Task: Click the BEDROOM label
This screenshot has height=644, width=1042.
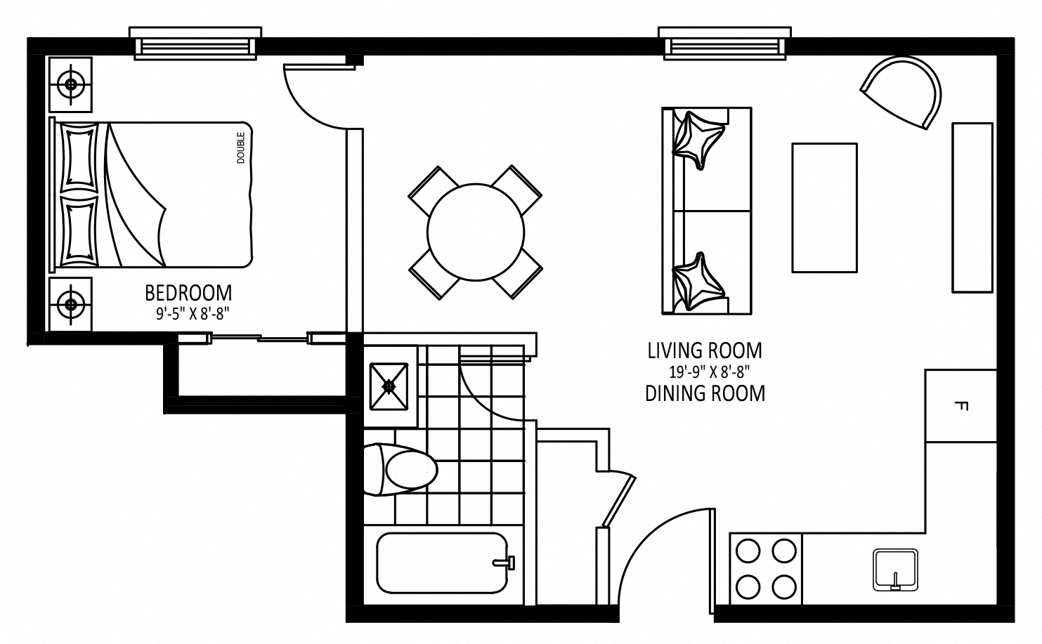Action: pyautogui.click(x=188, y=294)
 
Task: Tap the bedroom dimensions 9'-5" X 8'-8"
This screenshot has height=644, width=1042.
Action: pyautogui.click(x=193, y=315)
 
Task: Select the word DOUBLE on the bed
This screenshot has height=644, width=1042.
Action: pyautogui.click(x=240, y=148)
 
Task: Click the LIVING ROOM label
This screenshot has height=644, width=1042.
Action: pyautogui.click(x=705, y=351)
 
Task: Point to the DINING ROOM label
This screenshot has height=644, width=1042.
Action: pyautogui.click(x=705, y=394)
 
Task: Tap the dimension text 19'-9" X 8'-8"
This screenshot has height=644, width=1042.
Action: pyautogui.click(x=710, y=372)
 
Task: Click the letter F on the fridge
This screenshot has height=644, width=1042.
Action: pyautogui.click(x=961, y=406)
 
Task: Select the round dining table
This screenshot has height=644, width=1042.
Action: pyautogui.click(x=476, y=232)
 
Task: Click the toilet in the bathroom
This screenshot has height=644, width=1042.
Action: pyautogui.click(x=400, y=470)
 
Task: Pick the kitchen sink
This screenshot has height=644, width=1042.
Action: pyautogui.click(x=895, y=570)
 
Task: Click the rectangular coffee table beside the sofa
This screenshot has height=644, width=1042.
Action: pyautogui.click(x=824, y=208)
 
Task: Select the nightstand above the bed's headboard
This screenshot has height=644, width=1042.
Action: pyautogui.click(x=71, y=85)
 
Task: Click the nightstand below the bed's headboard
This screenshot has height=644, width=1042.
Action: pyautogui.click(x=71, y=305)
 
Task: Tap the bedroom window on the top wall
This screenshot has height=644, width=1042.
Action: pyautogui.click(x=195, y=44)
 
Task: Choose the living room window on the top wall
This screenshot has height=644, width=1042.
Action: pyautogui.click(x=724, y=44)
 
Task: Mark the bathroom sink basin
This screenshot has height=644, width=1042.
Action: pyautogui.click(x=389, y=387)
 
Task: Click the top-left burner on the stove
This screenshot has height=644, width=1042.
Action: pyautogui.click(x=748, y=551)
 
